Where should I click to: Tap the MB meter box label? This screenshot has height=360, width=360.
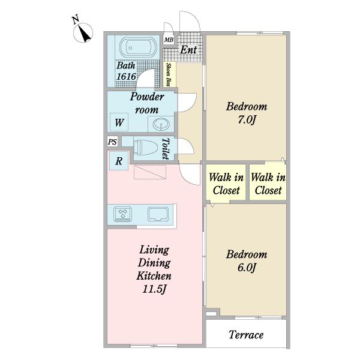tap(169, 40)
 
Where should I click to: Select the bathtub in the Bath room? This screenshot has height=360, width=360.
tap(138, 47)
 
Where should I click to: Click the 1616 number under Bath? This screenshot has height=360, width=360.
tap(126, 76)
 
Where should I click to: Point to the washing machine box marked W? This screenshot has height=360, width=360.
tap(119, 122)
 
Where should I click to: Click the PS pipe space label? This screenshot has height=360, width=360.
tap(112, 142)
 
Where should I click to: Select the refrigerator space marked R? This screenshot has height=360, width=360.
tap(119, 161)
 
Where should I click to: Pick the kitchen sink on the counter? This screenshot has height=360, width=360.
tap(158, 214)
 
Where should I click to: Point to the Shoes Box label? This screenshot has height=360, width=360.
tap(169, 74)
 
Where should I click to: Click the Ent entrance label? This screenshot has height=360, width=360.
tap(188, 50)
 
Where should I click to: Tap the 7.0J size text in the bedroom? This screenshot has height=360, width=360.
tap(247, 119)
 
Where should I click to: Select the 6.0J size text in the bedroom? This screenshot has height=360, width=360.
tap(247, 268)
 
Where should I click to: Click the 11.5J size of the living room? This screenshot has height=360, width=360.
tap(154, 289)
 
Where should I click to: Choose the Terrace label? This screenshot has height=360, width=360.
tap(246, 335)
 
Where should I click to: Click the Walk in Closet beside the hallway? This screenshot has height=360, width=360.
tap(226, 184)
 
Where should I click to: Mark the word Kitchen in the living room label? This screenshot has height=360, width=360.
tap(154, 276)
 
